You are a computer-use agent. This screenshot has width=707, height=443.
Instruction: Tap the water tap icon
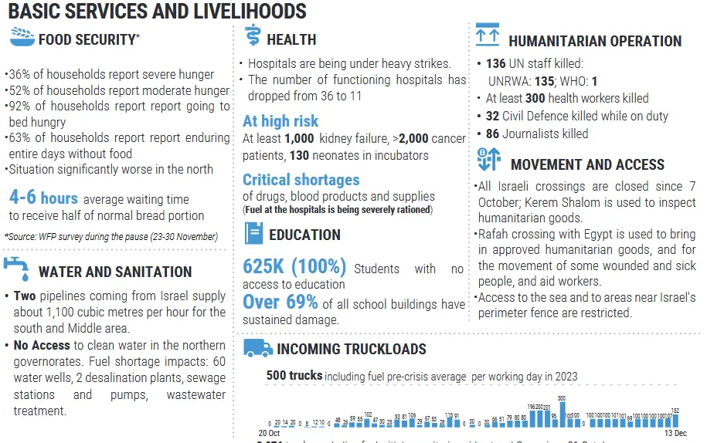click(x=17, y=269)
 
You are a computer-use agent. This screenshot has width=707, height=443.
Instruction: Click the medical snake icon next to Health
click(x=252, y=36)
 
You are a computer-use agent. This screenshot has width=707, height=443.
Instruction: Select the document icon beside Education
click(x=253, y=233)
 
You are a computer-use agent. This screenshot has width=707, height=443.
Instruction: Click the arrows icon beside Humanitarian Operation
click(x=488, y=36)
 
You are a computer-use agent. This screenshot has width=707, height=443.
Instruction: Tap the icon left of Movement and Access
click(x=489, y=161)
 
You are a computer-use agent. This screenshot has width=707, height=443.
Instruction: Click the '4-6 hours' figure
click(x=43, y=198)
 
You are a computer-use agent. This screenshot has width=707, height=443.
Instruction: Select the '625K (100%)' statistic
click(x=294, y=266)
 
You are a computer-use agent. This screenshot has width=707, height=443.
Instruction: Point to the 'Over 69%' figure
click(x=280, y=301)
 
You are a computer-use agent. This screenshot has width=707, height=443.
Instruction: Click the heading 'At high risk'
click(x=280, y=120)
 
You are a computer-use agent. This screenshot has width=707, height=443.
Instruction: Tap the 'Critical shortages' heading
click(x=301, y=179)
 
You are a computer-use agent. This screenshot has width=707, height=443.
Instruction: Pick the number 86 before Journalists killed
click(x=492, y=134)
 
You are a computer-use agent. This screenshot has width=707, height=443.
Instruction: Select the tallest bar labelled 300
click(x=562, y=412)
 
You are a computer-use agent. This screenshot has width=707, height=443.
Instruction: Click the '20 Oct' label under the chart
click(x=268, y=433)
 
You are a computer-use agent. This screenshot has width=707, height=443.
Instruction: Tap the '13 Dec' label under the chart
click(x=676, y=433)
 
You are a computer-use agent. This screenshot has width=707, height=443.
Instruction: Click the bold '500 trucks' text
click(x=294, y=375)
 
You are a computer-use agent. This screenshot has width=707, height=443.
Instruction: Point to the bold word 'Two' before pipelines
click(x=25, y=296)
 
